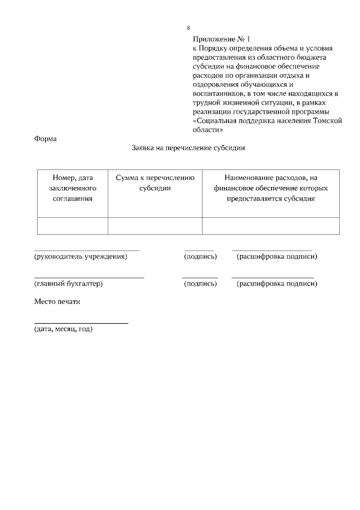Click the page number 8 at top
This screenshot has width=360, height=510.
pos(188,28)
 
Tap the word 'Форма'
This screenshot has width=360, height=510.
pos(46,138)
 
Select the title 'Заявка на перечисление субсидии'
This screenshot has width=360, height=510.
pos(188,149)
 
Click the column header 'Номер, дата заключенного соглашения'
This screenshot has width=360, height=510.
pos(73,188)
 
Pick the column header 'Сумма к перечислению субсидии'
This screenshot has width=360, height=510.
pos(155,183)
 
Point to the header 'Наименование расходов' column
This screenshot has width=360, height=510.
pos(271,188)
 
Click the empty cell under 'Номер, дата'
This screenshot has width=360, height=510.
pos(73,226)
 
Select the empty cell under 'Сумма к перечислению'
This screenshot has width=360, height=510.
pos(155,226)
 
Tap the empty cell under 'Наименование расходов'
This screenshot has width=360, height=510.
pos(271,226)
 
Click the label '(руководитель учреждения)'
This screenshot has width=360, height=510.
pos(80,257)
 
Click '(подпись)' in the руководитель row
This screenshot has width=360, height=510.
pos(200,257)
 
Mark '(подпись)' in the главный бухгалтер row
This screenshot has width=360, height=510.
pos(200,284)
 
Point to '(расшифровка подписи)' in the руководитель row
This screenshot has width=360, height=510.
pos(277,257)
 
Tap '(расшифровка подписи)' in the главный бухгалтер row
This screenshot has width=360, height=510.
pos(277,284)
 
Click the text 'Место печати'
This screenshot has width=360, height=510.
pos(57,302)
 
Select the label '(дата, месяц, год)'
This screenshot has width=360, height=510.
pos(63,329)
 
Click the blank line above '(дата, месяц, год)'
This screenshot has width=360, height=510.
pos(81,323)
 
